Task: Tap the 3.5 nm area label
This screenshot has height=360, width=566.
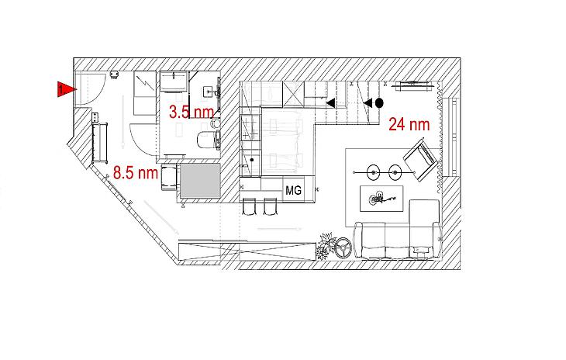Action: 192,112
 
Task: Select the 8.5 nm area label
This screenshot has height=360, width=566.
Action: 136,172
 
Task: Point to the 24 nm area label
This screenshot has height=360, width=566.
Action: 409,124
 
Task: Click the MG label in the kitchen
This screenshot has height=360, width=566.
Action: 293,190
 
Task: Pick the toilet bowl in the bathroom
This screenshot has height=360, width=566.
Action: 209,140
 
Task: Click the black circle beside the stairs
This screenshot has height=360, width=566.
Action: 379,103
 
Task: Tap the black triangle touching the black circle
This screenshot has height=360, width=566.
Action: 368,103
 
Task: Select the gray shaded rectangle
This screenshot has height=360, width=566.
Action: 200,181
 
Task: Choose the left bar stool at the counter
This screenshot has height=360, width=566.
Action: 249,206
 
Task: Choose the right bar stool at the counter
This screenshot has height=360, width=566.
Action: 270,206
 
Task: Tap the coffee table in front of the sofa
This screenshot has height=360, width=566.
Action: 381,199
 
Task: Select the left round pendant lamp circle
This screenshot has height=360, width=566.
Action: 373,172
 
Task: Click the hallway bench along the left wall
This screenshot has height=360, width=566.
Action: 99,142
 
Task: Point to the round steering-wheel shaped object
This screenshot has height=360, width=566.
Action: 343,247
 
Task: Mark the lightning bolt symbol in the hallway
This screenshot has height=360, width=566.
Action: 146,85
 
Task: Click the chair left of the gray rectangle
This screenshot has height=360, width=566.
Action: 169,177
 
